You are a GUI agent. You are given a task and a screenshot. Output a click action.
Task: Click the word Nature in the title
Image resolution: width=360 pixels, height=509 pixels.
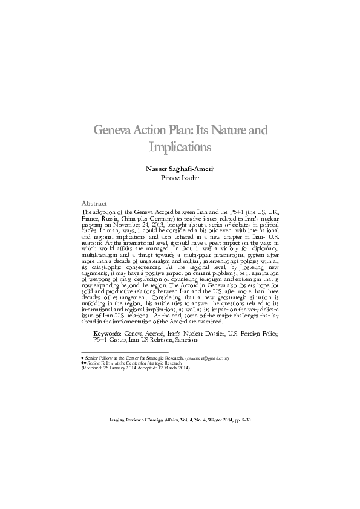coord(229,131)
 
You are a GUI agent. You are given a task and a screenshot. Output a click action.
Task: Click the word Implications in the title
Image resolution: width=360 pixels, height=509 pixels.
coord(179,147)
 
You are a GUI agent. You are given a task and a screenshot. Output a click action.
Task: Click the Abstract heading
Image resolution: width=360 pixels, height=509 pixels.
coord(94,203)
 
